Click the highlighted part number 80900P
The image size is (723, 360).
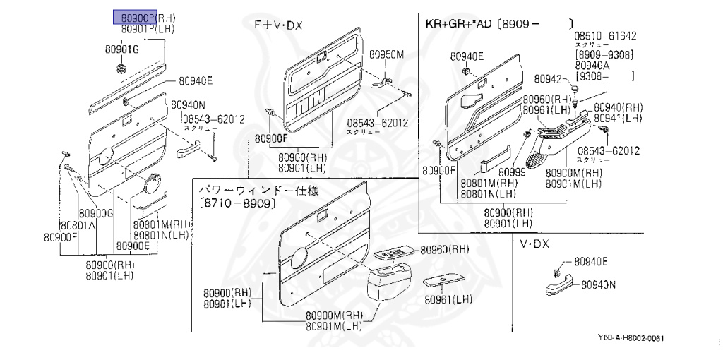click(135, 17)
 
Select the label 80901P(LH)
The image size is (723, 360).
click(148, 29)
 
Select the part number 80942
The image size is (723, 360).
click(547, 78)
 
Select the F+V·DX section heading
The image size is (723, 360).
click(278, 25)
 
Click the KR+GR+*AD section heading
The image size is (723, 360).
click(458, 23)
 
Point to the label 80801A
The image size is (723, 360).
click(78, 226)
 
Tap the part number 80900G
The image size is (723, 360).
click(96, 213)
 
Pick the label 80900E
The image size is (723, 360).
click(133, 246)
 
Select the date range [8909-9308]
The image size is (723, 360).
click(604, 54)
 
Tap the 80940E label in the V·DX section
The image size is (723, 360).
click(591, 262)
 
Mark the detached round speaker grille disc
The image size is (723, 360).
click(153, 185)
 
